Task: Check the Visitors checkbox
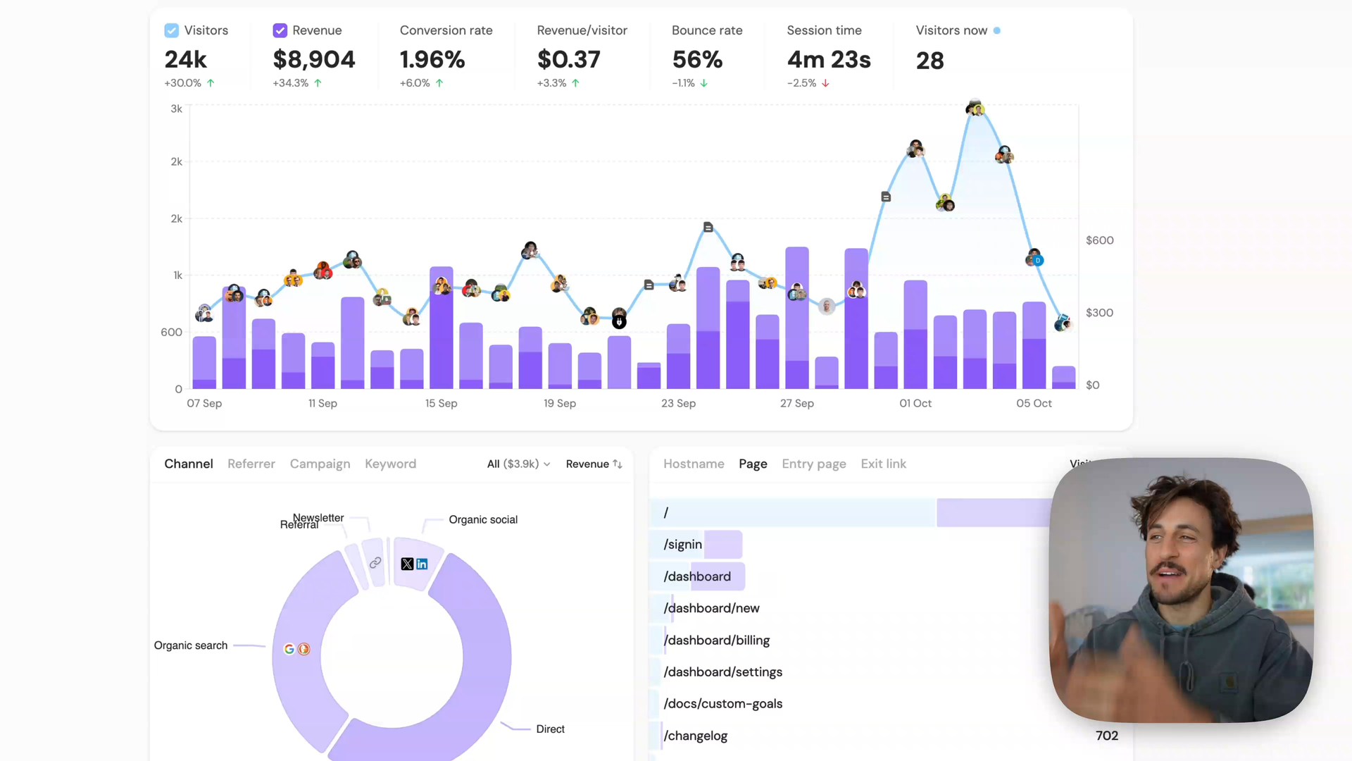[x=171, y=30]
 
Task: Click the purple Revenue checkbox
[x=280, y=30]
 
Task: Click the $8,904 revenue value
[x=314, y=60]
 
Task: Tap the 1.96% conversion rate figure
[x=432, y=60]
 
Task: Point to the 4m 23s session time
[x=829, y=60]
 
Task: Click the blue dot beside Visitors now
[x=996, y=30]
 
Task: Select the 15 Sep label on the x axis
[x=441, y=403]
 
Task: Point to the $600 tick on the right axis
[x=1099, y=240]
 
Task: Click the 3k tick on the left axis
[x=176, y=109]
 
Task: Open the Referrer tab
[x=251, y=464]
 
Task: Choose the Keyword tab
[x=390, y=464]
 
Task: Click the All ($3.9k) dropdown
[x=518, y=464]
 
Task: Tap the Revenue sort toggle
[x=594, y=464]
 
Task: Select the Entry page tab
[x=813, y=464]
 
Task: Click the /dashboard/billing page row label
[x=717, y=640]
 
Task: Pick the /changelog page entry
[x=696, y=736]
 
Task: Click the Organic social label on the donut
[x=483, y=519]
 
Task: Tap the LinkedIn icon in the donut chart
[x=422, y=564]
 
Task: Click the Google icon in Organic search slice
[x=289, y=649]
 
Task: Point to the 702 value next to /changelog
[x=1106, y=736]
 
